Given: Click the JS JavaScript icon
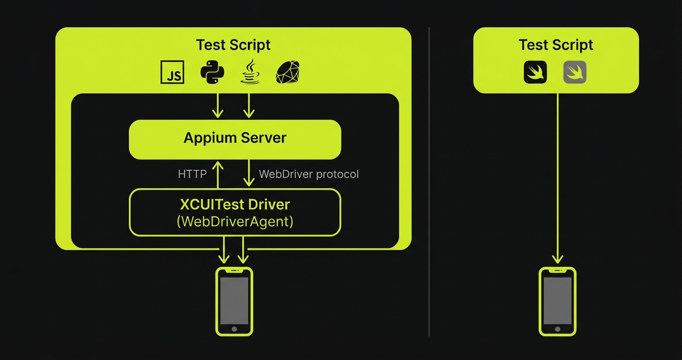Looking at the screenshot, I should [172, 73].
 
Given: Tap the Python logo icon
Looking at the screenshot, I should [212, 73].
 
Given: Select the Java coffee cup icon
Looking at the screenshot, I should [250, 72].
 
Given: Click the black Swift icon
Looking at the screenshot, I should [535, 73].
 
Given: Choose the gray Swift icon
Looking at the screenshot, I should [575, 73].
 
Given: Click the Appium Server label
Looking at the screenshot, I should [235, 138].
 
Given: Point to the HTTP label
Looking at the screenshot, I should [192, 174].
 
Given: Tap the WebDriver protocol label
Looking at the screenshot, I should [308, 174].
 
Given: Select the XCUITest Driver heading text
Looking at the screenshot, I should [235, 204].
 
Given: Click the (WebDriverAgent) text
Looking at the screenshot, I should [235, 222].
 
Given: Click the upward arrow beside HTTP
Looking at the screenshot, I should [218, 174].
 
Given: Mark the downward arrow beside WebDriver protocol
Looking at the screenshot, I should [249, 173].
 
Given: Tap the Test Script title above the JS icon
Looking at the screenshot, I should [233, 45].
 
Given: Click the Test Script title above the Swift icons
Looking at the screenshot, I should [556, 45].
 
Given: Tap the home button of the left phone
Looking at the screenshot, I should [234, 329].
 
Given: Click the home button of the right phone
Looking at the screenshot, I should [557, 329].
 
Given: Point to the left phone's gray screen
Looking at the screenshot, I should [234, 300].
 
